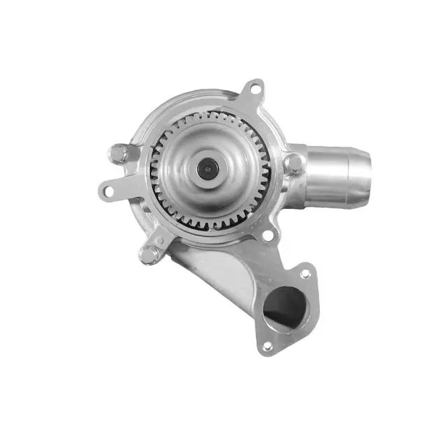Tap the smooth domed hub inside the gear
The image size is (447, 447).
click(x=189, y=185)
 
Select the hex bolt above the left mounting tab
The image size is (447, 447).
click(x=119, y=153)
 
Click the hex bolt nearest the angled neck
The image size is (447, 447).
click(x=148, y=255)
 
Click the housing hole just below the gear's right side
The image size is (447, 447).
click(x=266, y=235)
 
